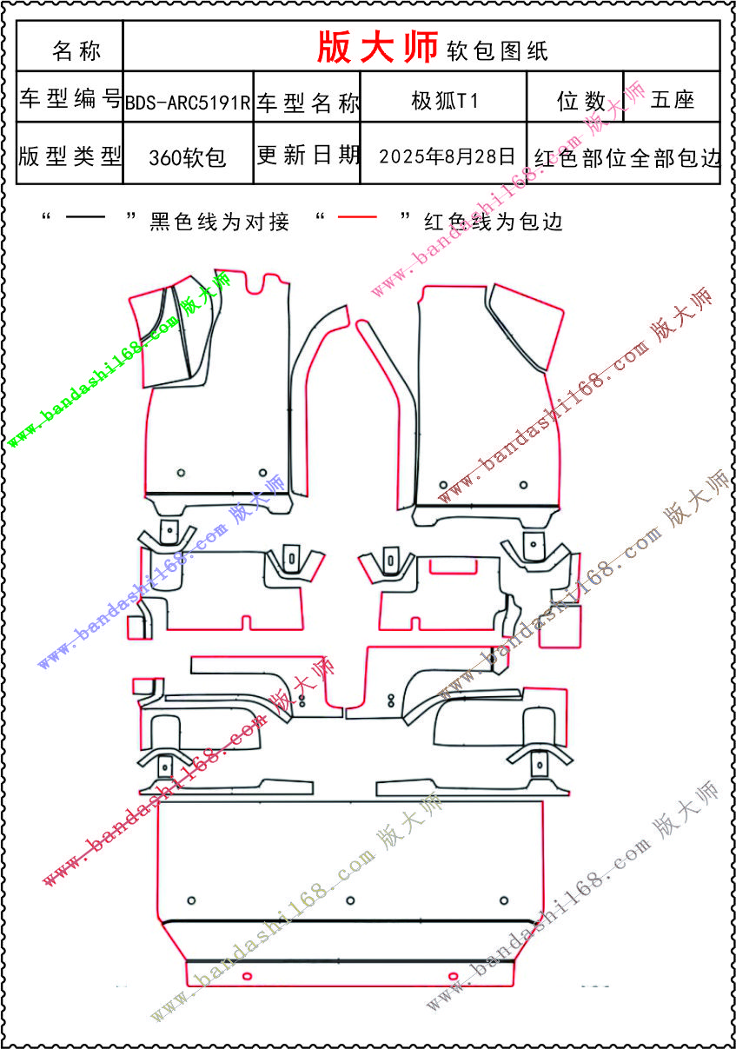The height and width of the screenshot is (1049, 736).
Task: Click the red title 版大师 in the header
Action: click(x=377, y=48)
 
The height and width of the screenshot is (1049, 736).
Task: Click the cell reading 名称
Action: click(x=76, y=50)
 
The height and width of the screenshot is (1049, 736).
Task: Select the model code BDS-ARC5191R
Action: click(x=188, y=103)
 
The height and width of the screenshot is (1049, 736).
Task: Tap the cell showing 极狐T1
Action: click(x=444, y=101)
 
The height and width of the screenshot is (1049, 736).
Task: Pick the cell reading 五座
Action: click(x=672, y=101)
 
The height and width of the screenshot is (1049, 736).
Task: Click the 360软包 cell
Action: click(x=188, y=157)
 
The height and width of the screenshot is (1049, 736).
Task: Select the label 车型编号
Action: click(x=70, y=99)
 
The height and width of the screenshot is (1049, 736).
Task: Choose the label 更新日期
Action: click(x=308, y=156)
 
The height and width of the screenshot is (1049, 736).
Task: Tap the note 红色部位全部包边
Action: click(x=627, y=158)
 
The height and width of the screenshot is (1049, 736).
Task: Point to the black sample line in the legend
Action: click(x=86, y=217)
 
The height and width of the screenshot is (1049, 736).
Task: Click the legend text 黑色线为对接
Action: click(x=219, y=222)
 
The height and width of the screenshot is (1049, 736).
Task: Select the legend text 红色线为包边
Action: click(x=494, y=222)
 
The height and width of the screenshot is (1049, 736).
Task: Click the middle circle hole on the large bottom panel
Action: click(x=350, y=899)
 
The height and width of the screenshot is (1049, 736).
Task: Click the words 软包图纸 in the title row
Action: click(x=497, y=50)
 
